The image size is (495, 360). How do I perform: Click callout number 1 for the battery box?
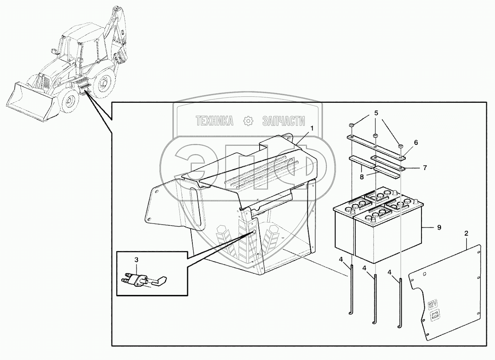312,128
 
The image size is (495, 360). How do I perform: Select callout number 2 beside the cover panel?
466,234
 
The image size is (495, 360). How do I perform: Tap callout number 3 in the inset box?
136,260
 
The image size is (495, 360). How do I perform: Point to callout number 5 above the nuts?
376,113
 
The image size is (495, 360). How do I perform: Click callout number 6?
416,143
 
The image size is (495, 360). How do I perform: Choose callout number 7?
425,168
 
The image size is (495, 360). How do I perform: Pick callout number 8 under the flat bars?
362,176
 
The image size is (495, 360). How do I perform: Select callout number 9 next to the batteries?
439,227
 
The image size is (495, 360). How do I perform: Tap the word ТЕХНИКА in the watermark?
214,121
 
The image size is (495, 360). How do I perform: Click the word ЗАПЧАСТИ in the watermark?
283,121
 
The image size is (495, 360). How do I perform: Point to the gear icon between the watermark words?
247,121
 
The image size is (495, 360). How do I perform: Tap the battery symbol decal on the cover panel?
435,315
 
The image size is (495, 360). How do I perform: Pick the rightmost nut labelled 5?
400,146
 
